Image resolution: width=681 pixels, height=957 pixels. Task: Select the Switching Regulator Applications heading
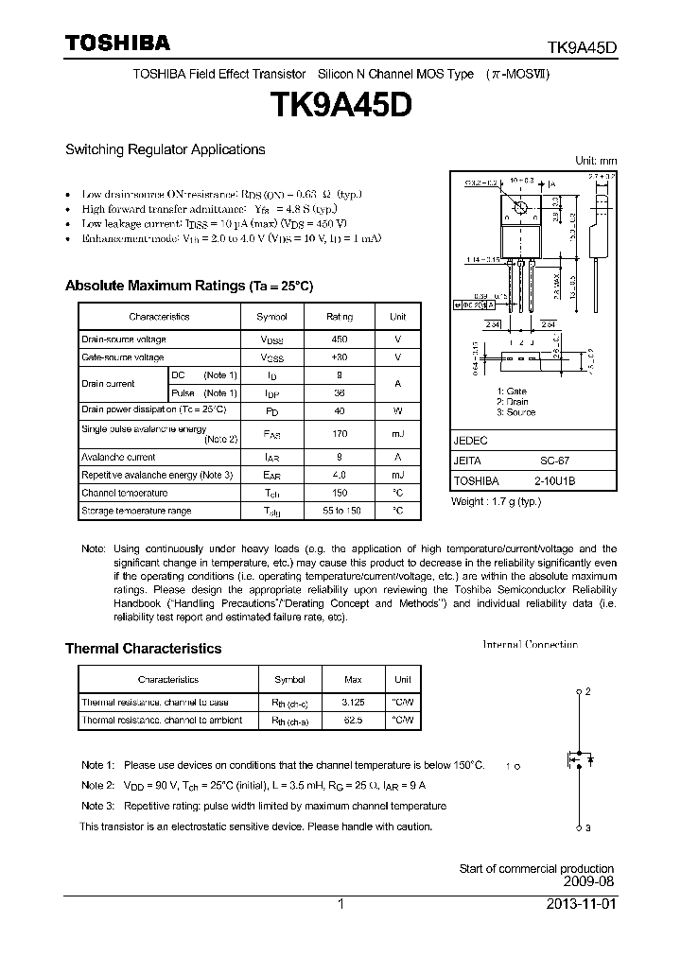(x=165, y=149)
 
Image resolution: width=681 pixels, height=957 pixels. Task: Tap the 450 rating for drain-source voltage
(x=339, y=339)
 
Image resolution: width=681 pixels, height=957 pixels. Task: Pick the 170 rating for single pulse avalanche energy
(x=339, y=433)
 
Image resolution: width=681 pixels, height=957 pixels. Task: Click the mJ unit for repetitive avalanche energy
(x=398, y=475)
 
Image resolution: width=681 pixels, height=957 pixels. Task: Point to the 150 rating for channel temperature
(x=339, y=493)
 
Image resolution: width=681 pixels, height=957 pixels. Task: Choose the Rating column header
(x=339, y=317)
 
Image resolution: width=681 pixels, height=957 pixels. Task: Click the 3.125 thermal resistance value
(x=353, y=702)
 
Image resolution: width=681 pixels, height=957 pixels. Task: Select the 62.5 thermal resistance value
(x=353, y=720)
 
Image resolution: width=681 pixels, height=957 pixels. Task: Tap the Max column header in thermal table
(x=353, y=679)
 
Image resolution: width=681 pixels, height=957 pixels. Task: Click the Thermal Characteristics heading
(x=143, y=649)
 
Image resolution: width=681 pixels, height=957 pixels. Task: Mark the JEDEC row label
(x=470, y=441)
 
